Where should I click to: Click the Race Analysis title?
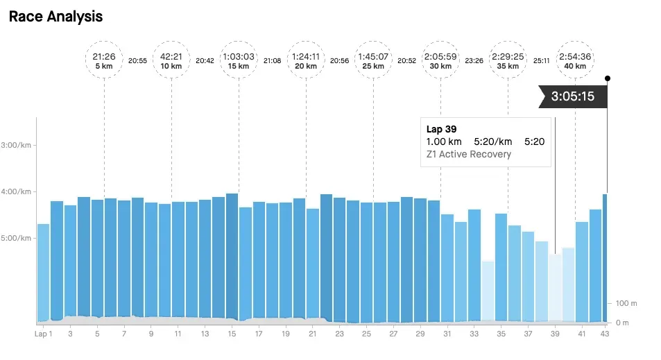pos(55,17)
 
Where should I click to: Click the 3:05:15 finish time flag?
pos(573,96)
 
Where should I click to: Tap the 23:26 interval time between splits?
pos(474,60)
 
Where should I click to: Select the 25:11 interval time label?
pos(541,60)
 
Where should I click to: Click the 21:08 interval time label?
pos(273,60)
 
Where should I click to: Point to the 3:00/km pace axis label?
pos(18,145)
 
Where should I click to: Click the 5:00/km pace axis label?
pos(18,238)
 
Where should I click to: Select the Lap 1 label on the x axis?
pos(43,334)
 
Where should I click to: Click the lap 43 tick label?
pos(604,334)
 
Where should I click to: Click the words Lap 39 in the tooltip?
pos(441,129)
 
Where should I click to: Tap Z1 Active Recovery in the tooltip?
pos(468,154)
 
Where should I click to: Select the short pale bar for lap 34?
pos(488,291)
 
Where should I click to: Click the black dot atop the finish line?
pos(608,78)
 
